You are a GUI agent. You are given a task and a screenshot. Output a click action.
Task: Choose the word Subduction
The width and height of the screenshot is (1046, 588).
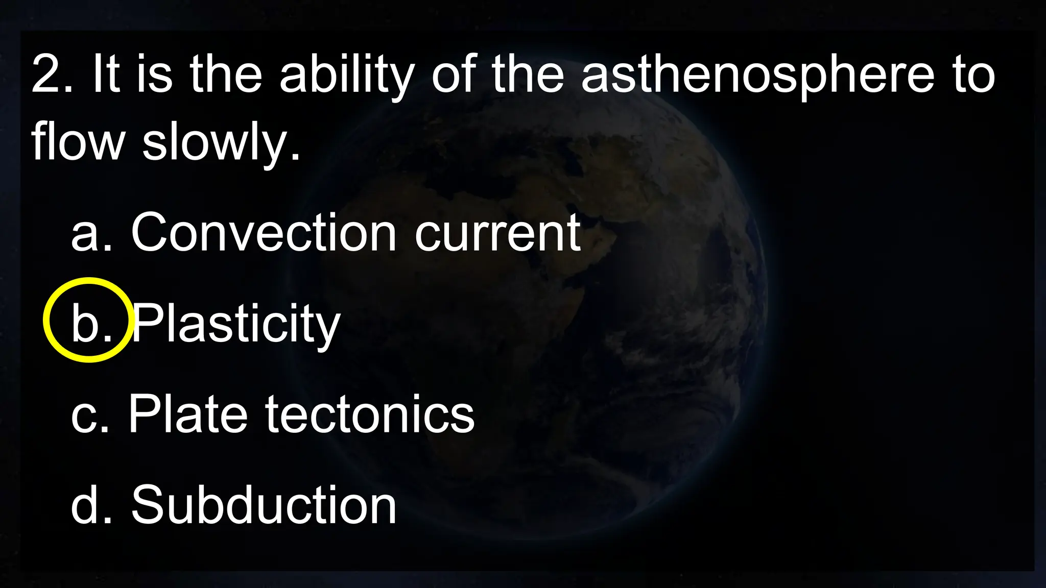[x=264, y=505]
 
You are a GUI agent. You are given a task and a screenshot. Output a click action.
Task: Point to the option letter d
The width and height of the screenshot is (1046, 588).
[x=84, y=505]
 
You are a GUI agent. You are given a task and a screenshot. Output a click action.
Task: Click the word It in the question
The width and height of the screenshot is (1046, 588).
[x=106, y=76]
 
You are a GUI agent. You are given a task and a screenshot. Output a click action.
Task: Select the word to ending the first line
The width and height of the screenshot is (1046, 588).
[x=973, y=77]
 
